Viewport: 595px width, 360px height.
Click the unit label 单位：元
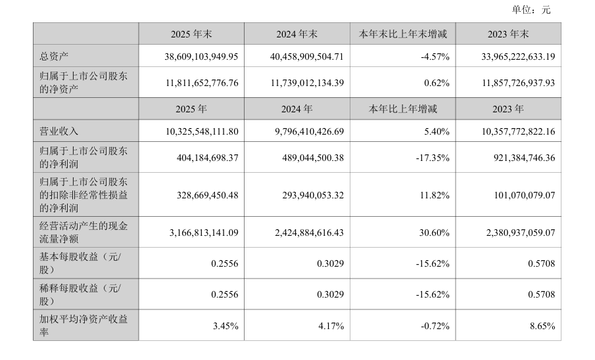(x=531, y=10)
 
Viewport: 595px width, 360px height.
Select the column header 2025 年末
(x=191, y=34)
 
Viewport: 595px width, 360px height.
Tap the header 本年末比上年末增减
(x=403, y=34)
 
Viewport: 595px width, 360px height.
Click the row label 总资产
(x=54, y=56)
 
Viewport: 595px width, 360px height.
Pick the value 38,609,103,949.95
(x=201, y=56)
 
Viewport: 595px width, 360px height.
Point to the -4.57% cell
(x=435, y=56)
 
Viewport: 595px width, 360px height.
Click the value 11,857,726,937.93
(x=518, y=83)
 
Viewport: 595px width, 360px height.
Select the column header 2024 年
(x=297, y=109)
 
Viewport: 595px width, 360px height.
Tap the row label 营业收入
(x=59, y=131)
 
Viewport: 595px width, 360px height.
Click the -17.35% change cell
(x=433, y=158)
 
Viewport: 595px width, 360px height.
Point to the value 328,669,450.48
(x=208, y=195)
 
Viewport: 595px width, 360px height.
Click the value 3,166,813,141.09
(x=204, y=233)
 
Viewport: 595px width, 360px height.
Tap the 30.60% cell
(x=435, y=233)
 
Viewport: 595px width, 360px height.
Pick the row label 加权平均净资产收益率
(x=83, y=325)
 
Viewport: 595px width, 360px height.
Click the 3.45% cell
(x=226, y=326)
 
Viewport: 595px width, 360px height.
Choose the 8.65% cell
(x=542, y=326)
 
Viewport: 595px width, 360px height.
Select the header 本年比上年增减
(x=403, y=109)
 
